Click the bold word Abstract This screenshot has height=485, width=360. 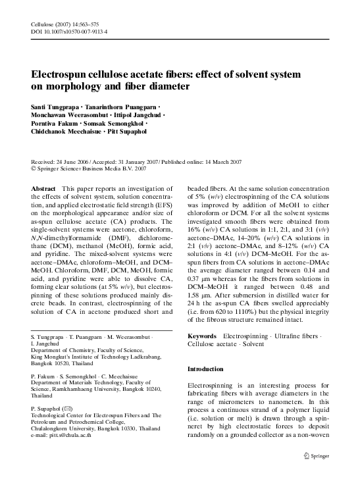pos(45,188)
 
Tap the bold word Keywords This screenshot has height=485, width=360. pos(202,336)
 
